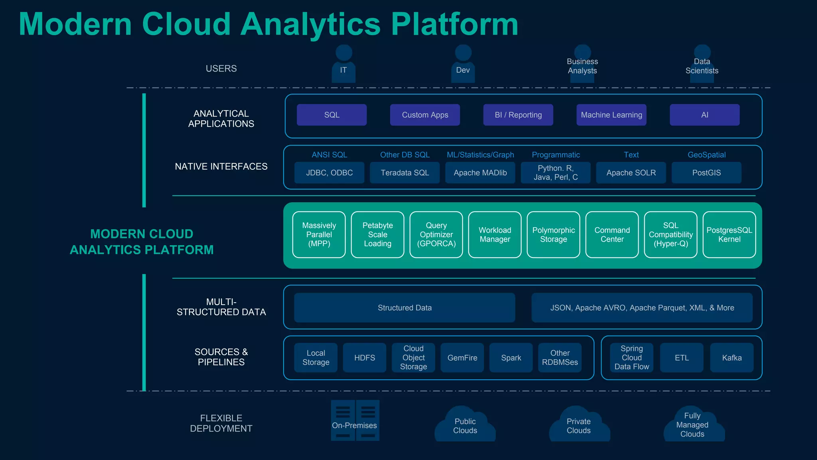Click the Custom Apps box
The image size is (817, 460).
tap(425, 115)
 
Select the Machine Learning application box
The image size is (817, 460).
tap(611, 115)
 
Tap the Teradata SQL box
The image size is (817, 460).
tap(405, 172)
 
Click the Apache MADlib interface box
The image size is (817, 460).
tap(480, 172)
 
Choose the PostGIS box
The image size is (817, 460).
tap(706, 172)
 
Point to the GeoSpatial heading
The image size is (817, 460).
tap(706, 155)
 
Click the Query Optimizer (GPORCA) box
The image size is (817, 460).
tap(436, 235)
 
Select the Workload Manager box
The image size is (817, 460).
tap(495, 235)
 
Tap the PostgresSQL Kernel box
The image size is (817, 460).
tap(729, 235)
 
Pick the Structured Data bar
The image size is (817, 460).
tap(405, 308)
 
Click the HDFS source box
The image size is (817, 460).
tap(365, 358)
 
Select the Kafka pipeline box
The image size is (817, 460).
tap(732, 358)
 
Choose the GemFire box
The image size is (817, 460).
tap(462, 358)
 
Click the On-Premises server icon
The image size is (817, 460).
tap(355, 421)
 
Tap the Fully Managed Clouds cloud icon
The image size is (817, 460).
tap(694, 425)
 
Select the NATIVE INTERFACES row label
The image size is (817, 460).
tap(221, 167)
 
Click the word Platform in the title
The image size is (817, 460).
tap(454, 25)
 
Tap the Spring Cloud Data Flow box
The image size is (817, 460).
tap(631, 358)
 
